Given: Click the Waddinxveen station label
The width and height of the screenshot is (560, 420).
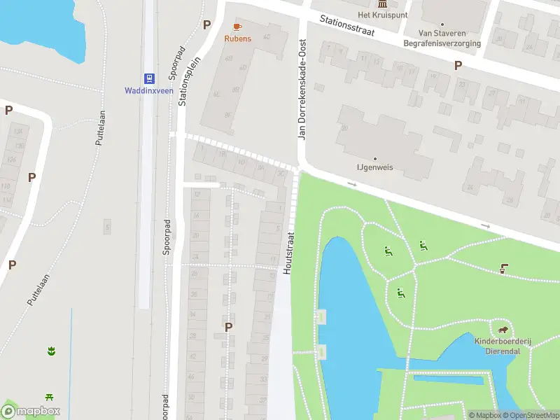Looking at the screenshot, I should click(148, 91).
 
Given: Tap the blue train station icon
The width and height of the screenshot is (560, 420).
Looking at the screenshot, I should click(148, 78).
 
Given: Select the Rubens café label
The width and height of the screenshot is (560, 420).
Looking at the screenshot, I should click(237, 38).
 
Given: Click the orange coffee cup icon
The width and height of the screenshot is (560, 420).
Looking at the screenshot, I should click(237, 27).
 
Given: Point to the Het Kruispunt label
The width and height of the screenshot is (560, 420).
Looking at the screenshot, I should click(374, 15).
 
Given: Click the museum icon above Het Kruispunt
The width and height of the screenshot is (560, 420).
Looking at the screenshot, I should click(374, 3).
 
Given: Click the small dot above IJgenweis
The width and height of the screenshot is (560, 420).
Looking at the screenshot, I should click(374, 159).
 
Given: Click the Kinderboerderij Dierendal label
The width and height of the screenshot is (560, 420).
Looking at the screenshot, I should click(503, 345).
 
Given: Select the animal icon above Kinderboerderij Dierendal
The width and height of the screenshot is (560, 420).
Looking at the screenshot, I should click(503, 330).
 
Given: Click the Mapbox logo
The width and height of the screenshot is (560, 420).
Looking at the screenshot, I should click(31, 412).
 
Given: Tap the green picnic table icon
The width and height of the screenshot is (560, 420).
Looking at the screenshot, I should click(50, 398).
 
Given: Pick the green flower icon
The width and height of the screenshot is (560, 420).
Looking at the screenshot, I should click(50, 350).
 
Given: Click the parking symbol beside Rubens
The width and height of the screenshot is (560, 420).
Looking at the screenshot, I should click(206, 24).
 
